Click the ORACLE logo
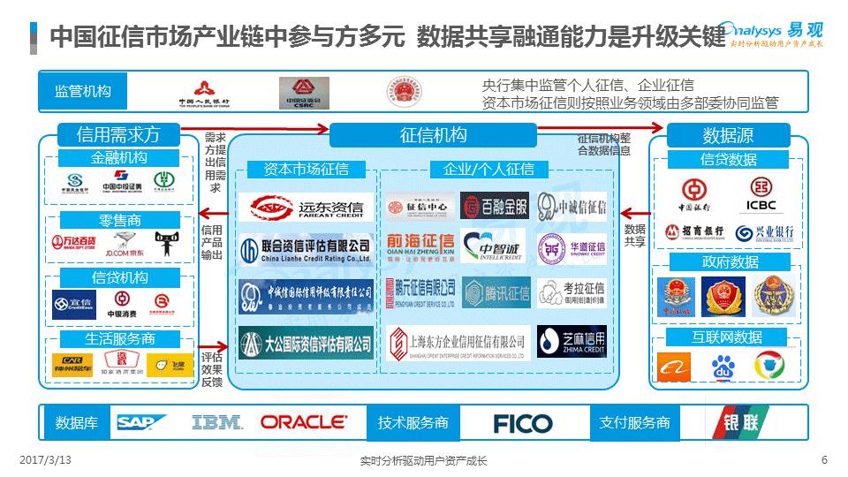[304, 422]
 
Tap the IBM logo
[217, 422]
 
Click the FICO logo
[522, 423]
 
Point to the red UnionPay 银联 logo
[736, 422]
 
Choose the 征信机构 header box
[433, 135]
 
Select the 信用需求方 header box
[118, 135]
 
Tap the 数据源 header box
[728, 135]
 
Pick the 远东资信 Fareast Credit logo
[306, 208]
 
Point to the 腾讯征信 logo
[497, 292]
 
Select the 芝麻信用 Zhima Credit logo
[572, 342]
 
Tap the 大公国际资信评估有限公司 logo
[306, 343]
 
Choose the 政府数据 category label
[729, 261]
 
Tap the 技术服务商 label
[413, 422]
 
